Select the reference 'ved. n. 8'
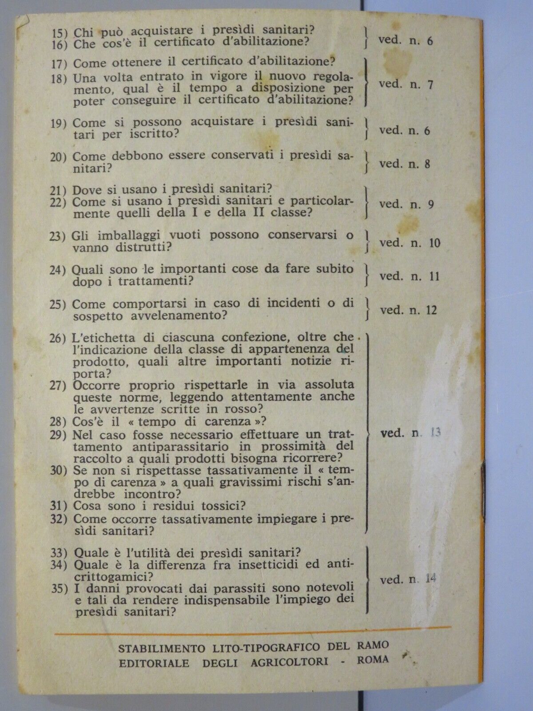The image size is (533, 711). coord(405,164)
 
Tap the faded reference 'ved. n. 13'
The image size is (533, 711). coord(411,433)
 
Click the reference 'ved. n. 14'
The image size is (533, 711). coord(409,579)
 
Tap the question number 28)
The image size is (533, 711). coord(61,421)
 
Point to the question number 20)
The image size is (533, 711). coord(61,157)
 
